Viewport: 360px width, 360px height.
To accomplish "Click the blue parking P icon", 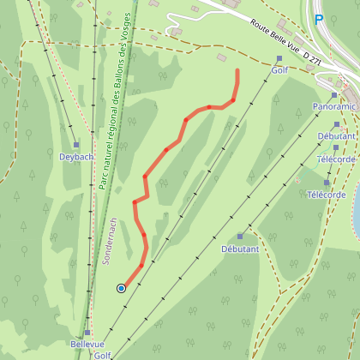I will (x=319, y=20).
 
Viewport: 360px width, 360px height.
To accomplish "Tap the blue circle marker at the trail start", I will (x=121, y=288).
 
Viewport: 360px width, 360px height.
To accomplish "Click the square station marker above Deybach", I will (x=75, y=145).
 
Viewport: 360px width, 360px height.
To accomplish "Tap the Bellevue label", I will (x=87, y=345).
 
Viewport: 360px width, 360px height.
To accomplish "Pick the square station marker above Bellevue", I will (x=87, y=332).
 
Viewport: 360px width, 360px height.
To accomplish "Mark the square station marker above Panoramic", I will (x=335, y=95).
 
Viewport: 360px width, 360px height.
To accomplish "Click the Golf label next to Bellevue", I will (x=103, y=355).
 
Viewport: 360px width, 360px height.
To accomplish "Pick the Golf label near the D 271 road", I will (x=279, y=72).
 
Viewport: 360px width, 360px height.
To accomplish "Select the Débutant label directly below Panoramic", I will (x=335, y=136).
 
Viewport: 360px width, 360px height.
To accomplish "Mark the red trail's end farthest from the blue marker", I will (x=237, y=70).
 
